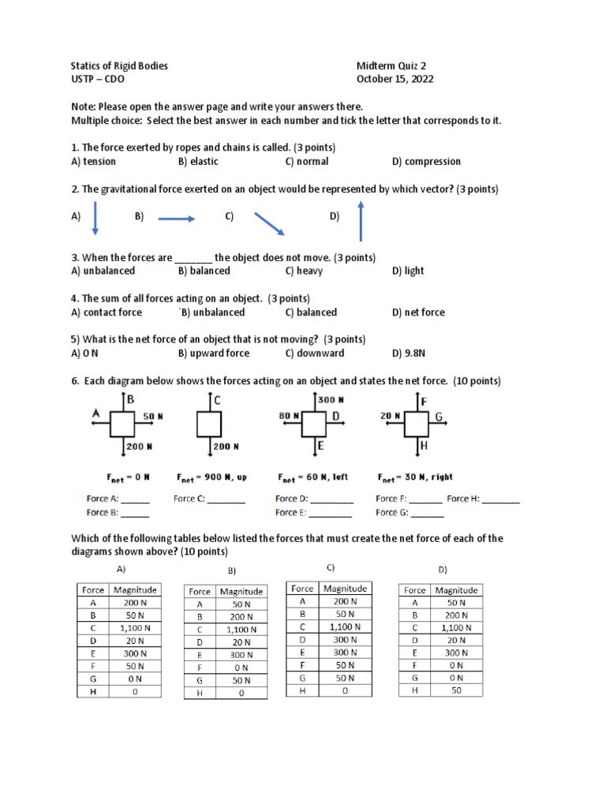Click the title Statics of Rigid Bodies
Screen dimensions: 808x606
coord(119,66)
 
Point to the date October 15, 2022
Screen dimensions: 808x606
coord(395,79)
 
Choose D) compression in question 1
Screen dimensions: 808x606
coord(426,161)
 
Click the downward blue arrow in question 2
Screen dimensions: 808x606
coord(95,218)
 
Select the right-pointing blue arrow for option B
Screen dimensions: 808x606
coord(176,219)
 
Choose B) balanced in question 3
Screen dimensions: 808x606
coord(204,271)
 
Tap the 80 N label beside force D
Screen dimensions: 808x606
coord(289,415)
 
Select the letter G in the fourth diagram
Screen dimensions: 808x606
coord(439,416)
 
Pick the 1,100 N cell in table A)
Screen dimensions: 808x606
coord(134,628)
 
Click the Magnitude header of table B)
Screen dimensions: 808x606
coord(241,591)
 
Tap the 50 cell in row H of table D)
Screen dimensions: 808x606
coord(456,690)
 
